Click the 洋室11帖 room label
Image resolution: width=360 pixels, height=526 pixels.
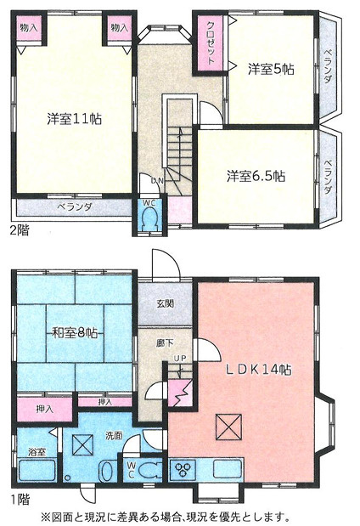[74, 119]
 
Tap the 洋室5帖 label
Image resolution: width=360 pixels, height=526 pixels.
[271, 70]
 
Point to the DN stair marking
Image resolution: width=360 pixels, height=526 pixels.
[157, 180]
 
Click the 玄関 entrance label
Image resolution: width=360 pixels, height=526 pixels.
[166, 303]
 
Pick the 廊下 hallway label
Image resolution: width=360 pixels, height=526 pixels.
[165, 344]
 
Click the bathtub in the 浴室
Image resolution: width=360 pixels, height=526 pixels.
[36, 469]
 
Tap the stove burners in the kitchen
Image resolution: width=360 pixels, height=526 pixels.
[183, 468]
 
